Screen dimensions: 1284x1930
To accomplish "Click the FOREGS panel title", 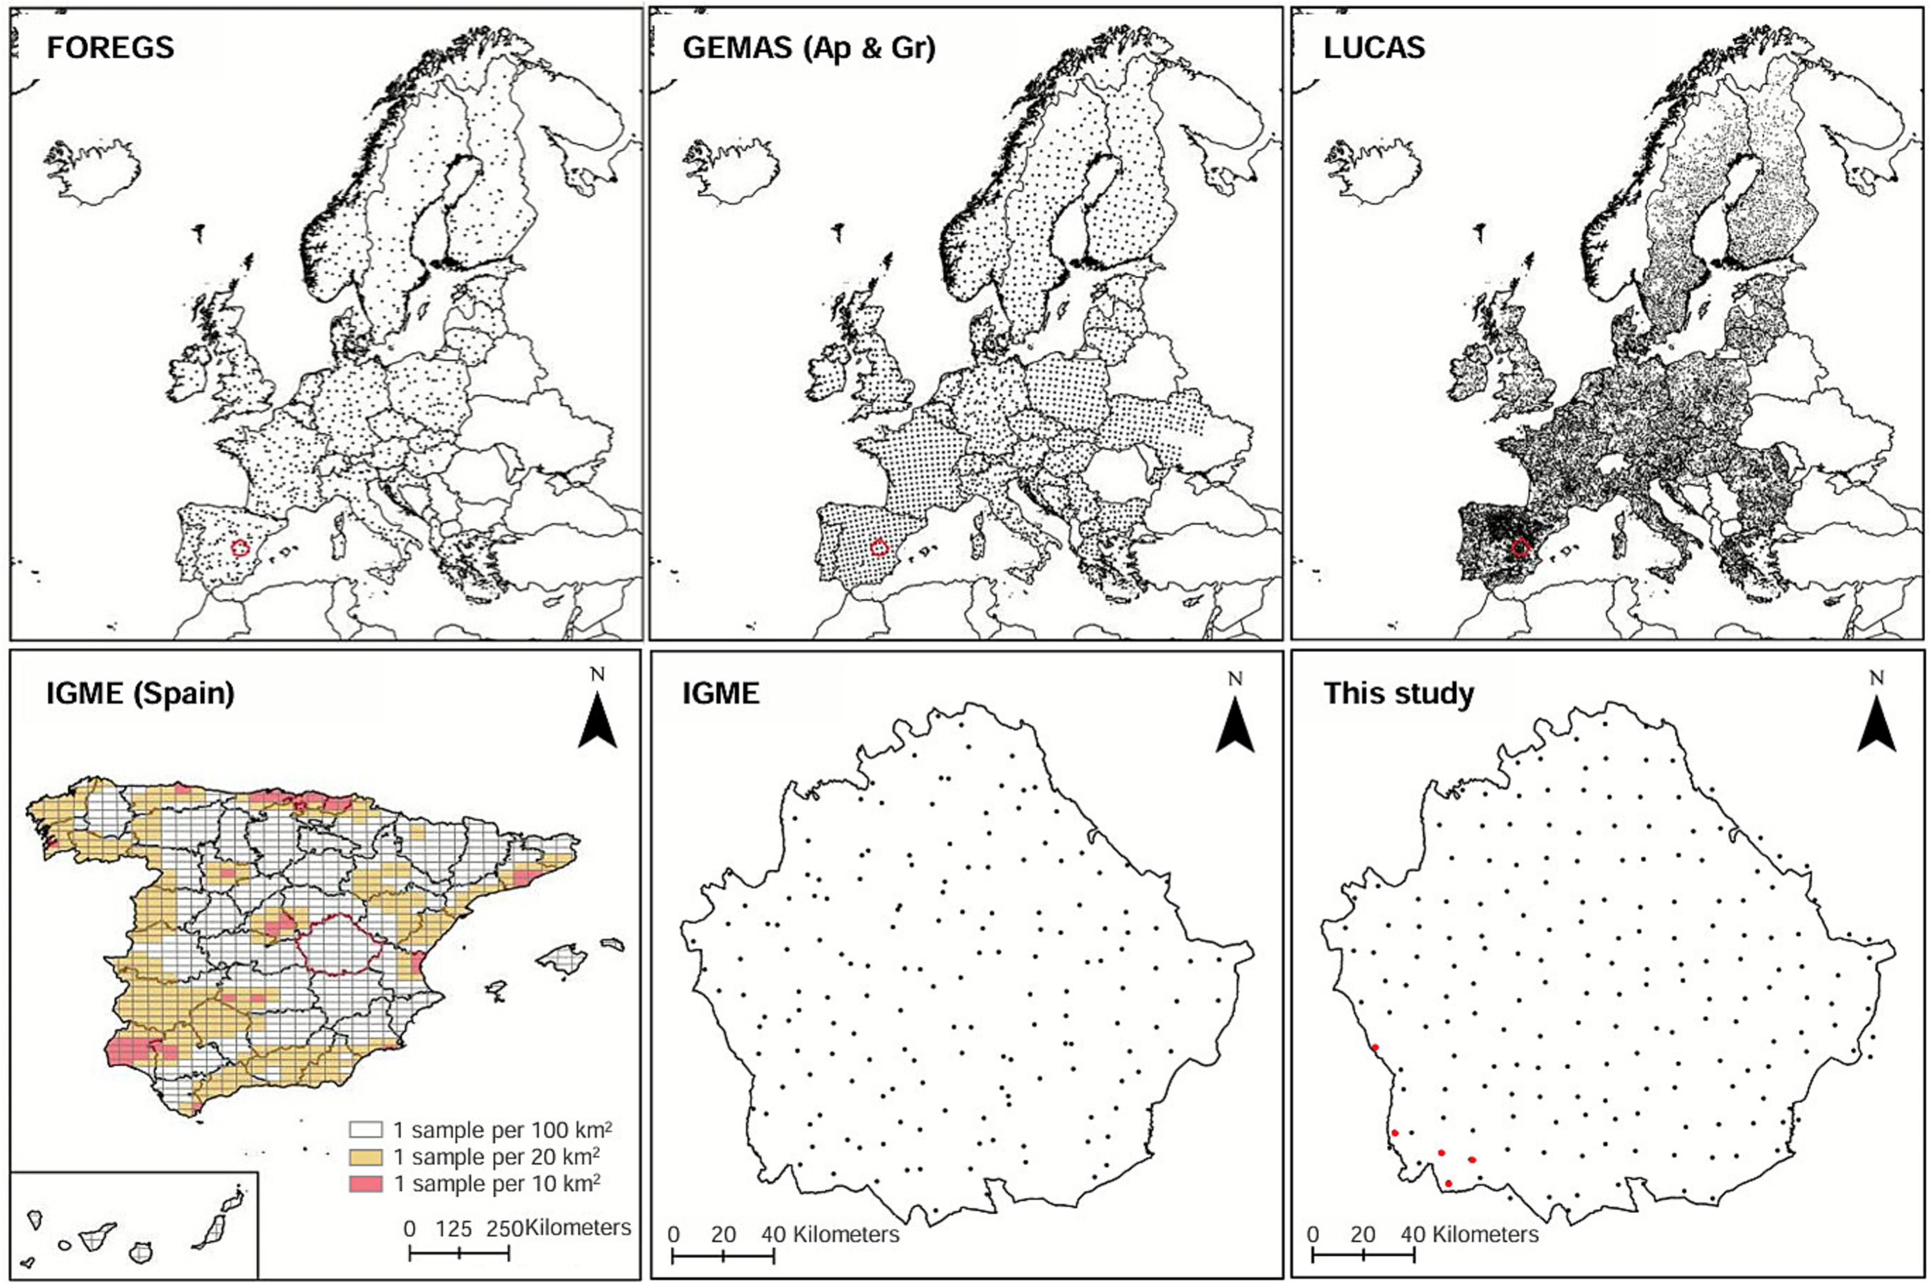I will click(110, 47).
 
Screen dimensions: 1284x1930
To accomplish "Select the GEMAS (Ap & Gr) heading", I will click(809, 47).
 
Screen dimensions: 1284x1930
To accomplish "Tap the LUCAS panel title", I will click(1374, 47).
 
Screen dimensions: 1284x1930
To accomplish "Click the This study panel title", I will click(1398, 694).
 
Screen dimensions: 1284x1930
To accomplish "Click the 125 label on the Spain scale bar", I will click(454, 1229).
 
